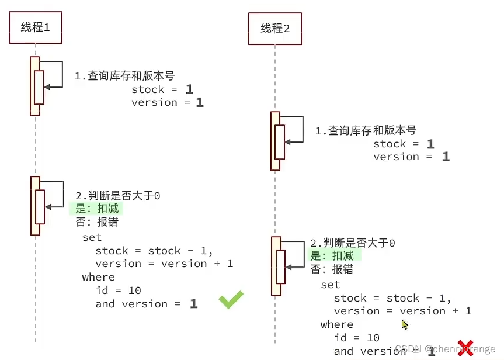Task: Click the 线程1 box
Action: (36, 27)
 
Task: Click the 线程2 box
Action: (275, 29)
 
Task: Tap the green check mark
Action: (231, 300)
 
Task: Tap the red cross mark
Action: (465, 348)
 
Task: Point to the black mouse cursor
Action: (405, 325)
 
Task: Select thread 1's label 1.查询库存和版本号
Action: (124, 76)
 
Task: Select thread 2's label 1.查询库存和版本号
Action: (366, 131)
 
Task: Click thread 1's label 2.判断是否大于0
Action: (118, 196)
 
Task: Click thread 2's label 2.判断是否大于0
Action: (353, 243)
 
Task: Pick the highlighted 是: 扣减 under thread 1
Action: (96, 209)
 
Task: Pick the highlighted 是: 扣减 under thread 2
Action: (332, 256)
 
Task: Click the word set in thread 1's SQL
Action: (92, 237)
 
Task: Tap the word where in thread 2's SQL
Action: (337, 324)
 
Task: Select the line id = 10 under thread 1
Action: (119, 290)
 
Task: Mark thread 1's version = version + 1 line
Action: (164, 264)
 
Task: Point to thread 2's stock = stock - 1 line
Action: (392, 298)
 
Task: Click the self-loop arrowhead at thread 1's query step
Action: (47, 86)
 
